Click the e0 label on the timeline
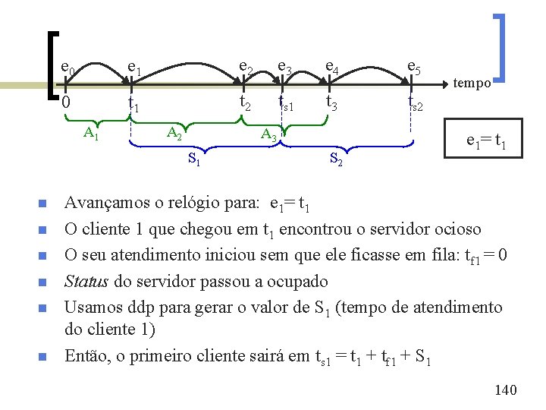(x=67, y=71)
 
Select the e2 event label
(x=246, y=69)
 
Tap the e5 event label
(x=414, y=69)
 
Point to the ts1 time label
(x=285, y=102)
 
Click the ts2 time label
(x=415, y=102)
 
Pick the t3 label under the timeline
(x=332, y=102)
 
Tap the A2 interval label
(x=174, y=134)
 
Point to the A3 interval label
(x=268, y=136)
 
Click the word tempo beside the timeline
(x=472, y=84)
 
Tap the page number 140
(x=504, y=389)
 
